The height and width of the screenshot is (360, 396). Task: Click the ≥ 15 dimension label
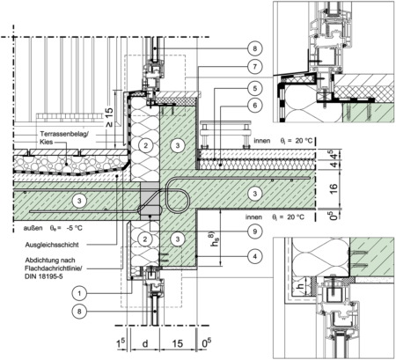click(109, 118)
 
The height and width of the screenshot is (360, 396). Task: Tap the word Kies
click(47, 142)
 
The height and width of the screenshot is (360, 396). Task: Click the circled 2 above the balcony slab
click(146, 144)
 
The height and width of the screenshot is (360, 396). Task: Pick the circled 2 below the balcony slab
click(146, 239)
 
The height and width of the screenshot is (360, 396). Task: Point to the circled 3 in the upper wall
click(178, 144)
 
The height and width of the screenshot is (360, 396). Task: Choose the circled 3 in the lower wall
click(178, 239)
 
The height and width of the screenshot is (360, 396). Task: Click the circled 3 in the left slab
click(80, 201)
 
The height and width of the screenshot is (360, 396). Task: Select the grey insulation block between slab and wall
click(149, 202)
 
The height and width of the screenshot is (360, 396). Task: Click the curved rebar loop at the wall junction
click(176, 195)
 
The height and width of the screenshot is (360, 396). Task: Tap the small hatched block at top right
click(368, 113)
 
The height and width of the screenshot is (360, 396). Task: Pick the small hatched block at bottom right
click(371, 256)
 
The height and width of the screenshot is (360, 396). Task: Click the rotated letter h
click(299, 287)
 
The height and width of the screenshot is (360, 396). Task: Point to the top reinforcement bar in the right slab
click(255, 179)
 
